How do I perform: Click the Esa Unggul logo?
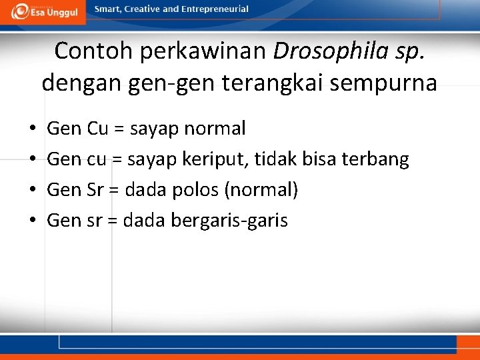tap(45, 11)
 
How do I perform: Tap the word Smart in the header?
tap(107, 9)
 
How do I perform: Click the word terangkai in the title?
tap(300, 83)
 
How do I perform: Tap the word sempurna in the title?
tap(392, 83)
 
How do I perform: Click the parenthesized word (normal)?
tap(261, 189)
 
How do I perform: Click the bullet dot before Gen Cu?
tap(32, 128)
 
